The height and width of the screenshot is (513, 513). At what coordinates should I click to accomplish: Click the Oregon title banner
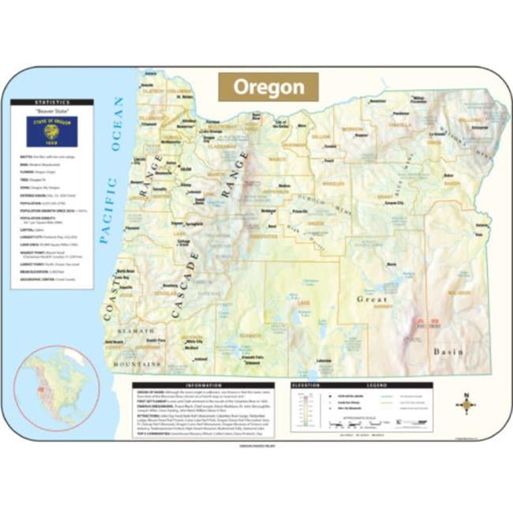[268, 86]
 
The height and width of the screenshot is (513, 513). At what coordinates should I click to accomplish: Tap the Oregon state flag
[51, 131]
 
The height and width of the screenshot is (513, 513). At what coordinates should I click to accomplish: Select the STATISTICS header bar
[51, 102]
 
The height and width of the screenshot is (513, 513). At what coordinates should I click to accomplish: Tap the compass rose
[466, 405]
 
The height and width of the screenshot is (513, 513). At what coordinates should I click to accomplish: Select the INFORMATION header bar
[204, 385]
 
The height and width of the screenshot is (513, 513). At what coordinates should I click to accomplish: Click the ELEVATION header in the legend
[306, 385]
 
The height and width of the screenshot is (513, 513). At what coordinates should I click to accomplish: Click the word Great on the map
[372, 299]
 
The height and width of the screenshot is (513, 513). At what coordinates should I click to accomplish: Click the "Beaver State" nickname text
[51, 112]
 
